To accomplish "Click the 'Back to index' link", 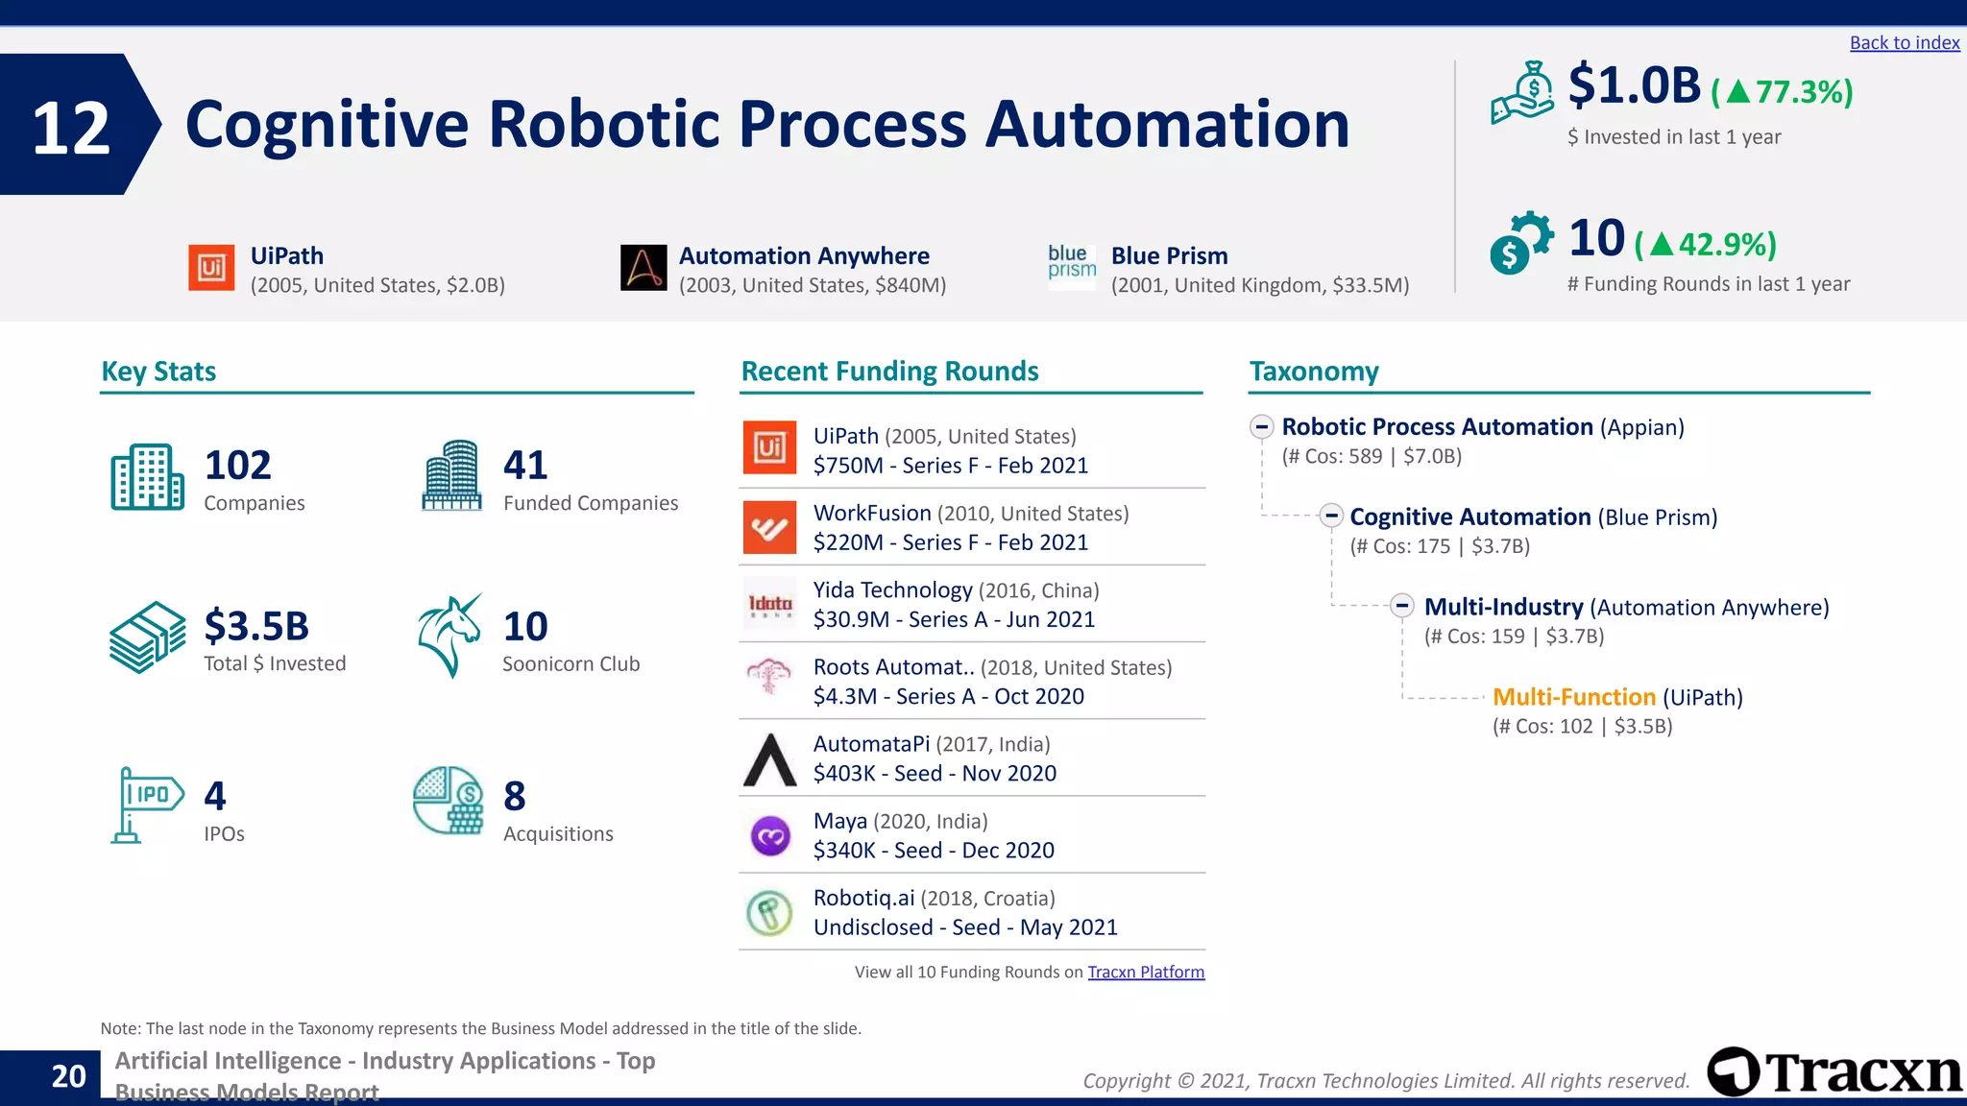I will [x=1904, y=42].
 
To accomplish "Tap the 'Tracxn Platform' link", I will [x=1145, y=972].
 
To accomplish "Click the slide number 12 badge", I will [x=72, y=127].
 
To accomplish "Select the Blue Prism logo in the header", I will [x=1072, y=263].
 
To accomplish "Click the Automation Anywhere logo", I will [x=644, y=268].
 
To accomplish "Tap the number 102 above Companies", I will [x=237, y=466].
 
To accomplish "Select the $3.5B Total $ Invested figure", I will [x=256, y=626].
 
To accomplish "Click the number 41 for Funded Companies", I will [x=525, y=466].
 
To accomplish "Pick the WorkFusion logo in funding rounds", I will [x=769, y=527].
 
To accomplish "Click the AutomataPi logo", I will [x=769, y=759].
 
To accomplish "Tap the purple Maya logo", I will [x=769, y=836].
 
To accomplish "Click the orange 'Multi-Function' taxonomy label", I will [x=1573, y=697].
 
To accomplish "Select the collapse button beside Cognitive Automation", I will [x=1331, y=516].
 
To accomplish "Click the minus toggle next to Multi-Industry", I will [x=1402, y=606].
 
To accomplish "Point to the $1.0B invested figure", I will [x=1634, y=85].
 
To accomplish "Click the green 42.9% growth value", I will [x=1726, y=245].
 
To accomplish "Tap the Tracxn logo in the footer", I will [x=1834, y=1071].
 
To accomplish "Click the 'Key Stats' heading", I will [x=158, y=372].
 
